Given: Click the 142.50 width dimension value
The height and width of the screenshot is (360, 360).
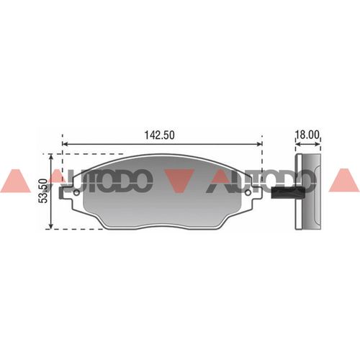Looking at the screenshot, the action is click(x=160, y=135).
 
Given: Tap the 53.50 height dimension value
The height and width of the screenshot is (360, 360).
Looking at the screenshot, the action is click(x=43, y=191).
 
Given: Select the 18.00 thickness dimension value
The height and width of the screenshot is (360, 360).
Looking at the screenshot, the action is click(x=307, y=135).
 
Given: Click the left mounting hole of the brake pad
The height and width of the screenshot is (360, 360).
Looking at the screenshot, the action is click(x=76, y=193).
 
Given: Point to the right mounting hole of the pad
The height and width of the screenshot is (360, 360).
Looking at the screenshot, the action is click(x=248, y=193).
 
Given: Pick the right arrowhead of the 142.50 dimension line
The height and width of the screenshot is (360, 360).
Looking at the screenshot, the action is click(x=259, y=144).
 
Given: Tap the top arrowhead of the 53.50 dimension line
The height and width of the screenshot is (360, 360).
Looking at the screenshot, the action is click(x=50, y=158).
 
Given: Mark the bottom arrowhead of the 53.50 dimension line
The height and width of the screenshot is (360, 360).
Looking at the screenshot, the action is click(x=50, y=225).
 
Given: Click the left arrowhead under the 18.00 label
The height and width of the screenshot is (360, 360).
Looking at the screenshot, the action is click(x=298, y=144).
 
